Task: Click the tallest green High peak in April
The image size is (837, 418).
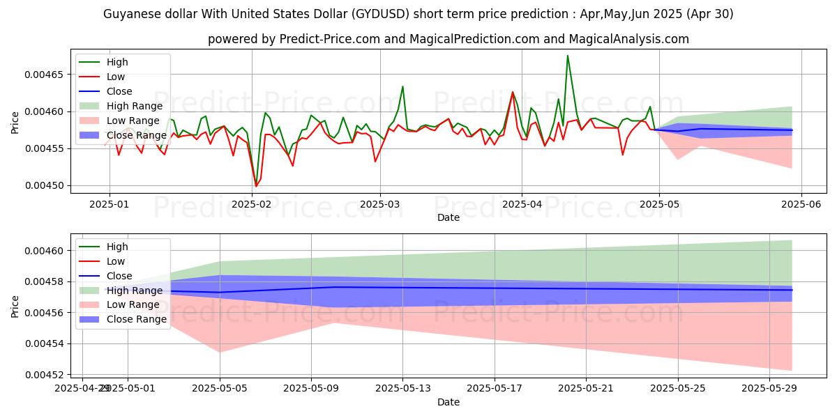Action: [567, 56]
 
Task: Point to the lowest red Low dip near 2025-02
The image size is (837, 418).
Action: [256, 186]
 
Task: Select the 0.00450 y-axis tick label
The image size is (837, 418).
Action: [45, 185]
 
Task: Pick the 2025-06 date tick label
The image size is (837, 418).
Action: [800, 205]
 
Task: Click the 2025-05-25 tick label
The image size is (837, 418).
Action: [678, 388]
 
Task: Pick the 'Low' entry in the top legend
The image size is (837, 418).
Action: [116, 77]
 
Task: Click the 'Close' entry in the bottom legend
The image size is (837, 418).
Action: [119, 276]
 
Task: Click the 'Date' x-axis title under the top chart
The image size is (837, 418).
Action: [448, 217]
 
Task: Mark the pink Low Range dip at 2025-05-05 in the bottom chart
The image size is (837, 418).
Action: [220, 352]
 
